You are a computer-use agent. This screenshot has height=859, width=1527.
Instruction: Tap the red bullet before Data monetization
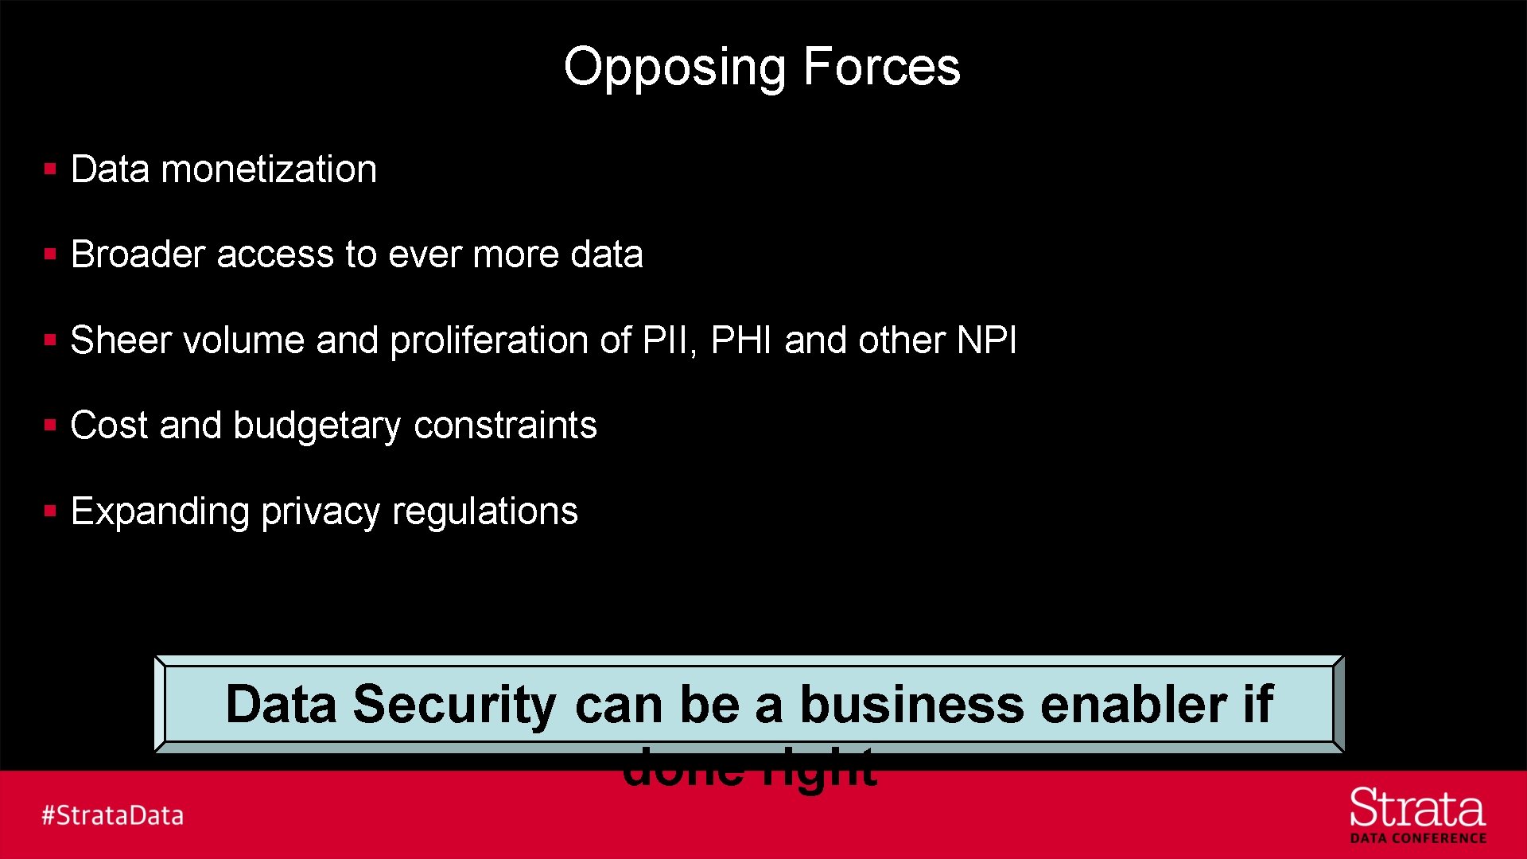[50, 169]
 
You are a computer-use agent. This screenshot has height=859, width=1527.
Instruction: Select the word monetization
[269, 169]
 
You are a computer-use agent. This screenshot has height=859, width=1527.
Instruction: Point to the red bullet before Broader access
[50, 255]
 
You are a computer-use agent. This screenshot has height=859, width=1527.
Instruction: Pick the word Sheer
[121, 340]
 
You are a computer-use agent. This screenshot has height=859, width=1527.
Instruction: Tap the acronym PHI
[741, 340]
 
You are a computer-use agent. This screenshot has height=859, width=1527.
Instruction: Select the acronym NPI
[986, 340]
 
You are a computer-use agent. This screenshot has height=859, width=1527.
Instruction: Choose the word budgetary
[317, 426]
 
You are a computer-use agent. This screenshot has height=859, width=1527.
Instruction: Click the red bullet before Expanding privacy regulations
[50, 511]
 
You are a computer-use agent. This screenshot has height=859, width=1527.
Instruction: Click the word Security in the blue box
[454, 705]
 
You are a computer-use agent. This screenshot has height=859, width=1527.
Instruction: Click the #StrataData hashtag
[112, 815]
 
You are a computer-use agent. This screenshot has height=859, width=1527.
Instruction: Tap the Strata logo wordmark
[1417, 809]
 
